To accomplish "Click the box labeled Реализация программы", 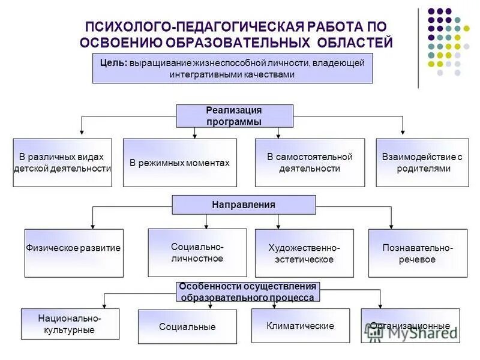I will [234, 116].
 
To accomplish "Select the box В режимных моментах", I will [179, 163].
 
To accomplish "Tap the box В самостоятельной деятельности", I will [310, 163].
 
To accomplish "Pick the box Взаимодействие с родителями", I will [422, 163].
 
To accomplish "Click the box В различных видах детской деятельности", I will [62, 163].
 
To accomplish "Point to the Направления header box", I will [244, 205].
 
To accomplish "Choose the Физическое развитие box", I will [74, 248].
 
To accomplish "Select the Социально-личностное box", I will [197, 253].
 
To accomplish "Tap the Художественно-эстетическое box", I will [304, 253].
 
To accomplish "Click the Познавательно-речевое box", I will [417, 253].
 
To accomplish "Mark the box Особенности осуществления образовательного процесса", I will [247, 292].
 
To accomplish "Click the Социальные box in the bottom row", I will [187, 327].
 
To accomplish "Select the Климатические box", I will [300, 326].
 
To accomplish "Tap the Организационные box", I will [410, 326].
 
